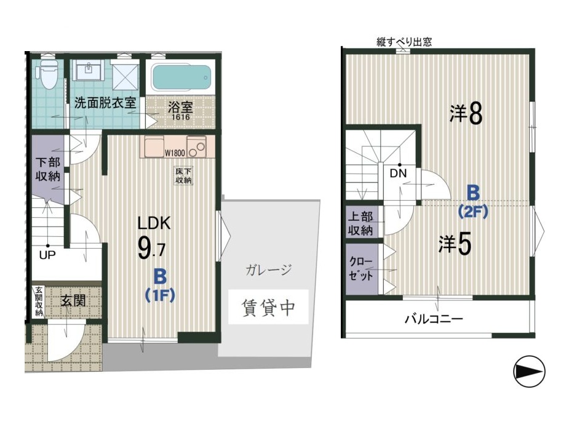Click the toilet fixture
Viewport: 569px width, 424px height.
(48, 74)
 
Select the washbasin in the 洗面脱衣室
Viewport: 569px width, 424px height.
(88, 70)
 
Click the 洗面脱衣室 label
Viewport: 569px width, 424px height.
(105, 103)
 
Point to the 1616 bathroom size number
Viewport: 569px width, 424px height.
(181, 118)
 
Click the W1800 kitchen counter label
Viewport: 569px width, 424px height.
(175, 153)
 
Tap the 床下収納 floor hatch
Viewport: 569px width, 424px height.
(184, 176)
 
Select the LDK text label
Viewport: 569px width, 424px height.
(154, 223)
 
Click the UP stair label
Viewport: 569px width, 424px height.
(47, 255)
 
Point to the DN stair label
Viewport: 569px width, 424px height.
(398, 174)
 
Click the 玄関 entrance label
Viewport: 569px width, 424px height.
(73, 300)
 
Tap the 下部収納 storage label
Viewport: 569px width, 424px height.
(47, 169)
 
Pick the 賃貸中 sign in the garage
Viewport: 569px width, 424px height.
(268, 307)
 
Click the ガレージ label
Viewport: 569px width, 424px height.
(269, 270)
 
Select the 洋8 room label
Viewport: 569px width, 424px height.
(466, 114)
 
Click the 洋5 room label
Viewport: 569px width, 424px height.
(455, 244)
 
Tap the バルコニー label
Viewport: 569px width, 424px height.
(434, 319)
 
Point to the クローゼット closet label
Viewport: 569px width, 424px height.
(361, 269)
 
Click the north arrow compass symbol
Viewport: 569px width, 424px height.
(530, 371)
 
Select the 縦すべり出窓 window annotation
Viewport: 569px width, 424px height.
(404, 42)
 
